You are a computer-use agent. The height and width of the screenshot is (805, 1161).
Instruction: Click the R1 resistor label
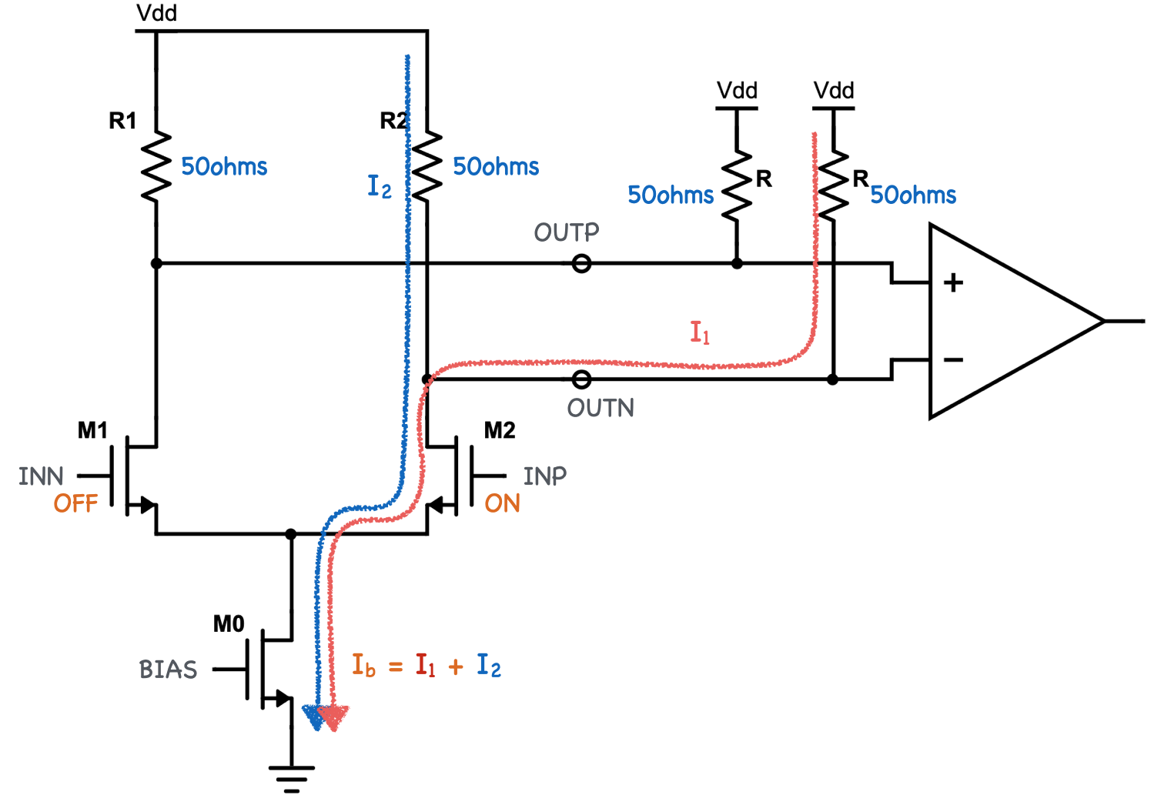(x=122, y=121)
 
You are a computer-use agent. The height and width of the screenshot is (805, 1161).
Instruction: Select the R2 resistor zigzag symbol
(x=427, y=166)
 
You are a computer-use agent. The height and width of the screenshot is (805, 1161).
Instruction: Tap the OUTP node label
(x=566, y=232)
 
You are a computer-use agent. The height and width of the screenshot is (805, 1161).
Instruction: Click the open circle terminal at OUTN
(x=582, y=379)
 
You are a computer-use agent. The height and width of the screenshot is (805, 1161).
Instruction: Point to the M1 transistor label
(x=92, y=430)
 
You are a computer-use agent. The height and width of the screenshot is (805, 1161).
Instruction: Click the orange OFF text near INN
(x=75, y=504)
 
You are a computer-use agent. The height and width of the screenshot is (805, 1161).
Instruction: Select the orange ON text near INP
(x=502, y=503)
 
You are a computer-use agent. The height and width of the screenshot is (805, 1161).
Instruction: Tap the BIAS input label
(x=168, y=670)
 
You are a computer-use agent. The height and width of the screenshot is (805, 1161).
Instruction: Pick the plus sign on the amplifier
(x=953, y=282)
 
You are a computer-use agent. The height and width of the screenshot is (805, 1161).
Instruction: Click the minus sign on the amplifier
(x=953, y=359)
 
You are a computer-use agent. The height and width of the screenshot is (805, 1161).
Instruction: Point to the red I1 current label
(x=700, y=332)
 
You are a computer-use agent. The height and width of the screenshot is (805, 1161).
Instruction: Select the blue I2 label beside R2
(x=379, y=186)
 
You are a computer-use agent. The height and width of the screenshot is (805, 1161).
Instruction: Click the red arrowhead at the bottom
(x=334, y=717)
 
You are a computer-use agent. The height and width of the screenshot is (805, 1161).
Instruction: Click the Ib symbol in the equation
(x=363, y=666)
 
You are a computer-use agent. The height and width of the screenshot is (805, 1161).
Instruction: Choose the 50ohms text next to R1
(x=224, y=167)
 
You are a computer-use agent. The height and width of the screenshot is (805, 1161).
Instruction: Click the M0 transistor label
(x=229, y=624)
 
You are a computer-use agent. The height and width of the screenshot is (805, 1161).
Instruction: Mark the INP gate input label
(x=544, y=476)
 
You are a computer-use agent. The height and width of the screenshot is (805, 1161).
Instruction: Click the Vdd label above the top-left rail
(x=156, y=13)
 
